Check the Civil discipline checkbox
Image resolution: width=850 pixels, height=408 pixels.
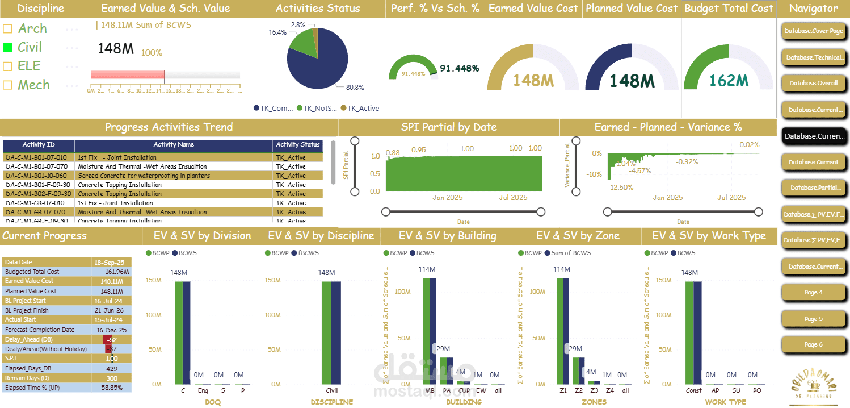pyautogui.click(x=7, y=47)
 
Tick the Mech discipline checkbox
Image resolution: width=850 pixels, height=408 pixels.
pyautogui.click(x=7, y=85)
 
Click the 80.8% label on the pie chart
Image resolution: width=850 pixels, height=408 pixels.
pyautogui.click(x=355, y=88)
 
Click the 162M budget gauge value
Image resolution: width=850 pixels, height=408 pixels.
pyautogui.click(x=729, y=81)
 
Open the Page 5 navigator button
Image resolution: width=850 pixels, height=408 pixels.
pyautogui.click(x=813, y=319)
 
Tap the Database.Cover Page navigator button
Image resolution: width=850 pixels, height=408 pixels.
pyautogui.click(x=813, y=31)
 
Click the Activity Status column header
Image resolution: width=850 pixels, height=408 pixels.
pyautogui.click(x=298, y=145)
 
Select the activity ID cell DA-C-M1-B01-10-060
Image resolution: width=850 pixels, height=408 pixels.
pyautogui.click(x=36, y=176)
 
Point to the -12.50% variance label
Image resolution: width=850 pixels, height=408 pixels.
pyautogui.click(x=620, y=188)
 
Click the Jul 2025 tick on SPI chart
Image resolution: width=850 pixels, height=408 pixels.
pyautogui.click(x=513, y=198)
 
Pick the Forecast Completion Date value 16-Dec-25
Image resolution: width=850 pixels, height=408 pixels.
pyautogui.click(x=111, y=330)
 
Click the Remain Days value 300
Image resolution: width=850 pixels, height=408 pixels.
pyautogui.click(x=111, y=378)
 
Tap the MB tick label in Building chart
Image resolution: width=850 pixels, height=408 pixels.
pyautogui.click(x=430, y=391)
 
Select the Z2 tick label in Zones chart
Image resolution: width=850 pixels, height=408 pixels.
pyautogui.click(x=578, y=391)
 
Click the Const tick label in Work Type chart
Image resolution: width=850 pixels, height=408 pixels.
pyautogui.click(x=693, y=391)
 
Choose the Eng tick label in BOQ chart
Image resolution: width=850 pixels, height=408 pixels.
pyautogui.click(x=203, y=391)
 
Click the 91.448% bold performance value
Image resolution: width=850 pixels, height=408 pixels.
pyautogui.click(x=459, y=68)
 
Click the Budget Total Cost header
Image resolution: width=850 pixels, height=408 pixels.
pyautogui.click(x=729, y=9)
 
